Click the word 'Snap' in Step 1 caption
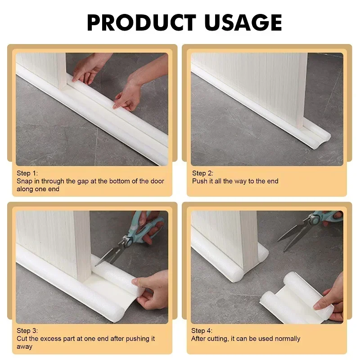pyautogui.click(x=25, y=181)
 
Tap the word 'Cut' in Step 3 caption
pyautogui.click(x=22, y=339)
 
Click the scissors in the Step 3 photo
pyautogui.click(x=130, y=238)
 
